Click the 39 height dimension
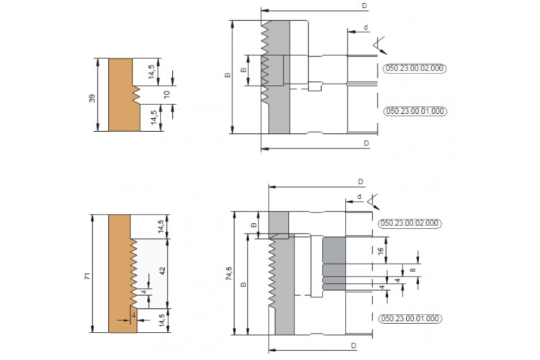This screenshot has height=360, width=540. pos(92,98)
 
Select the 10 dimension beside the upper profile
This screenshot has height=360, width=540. pos(167,94)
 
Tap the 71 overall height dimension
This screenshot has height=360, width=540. pos(87,276)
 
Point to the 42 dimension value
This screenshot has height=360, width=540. pos(163,271)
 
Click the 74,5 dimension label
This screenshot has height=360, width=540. pos(229,274)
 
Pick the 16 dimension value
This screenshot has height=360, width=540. pos(381,251)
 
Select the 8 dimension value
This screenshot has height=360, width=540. pos(413,270)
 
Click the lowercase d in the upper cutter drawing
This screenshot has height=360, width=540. pos(366,27)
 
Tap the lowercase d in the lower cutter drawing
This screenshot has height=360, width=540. pos(359,197)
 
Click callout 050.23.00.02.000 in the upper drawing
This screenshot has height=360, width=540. pos(415,68)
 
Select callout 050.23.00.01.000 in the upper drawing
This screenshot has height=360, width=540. pos(415,112)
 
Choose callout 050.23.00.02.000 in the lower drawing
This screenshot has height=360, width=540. pos(410,223)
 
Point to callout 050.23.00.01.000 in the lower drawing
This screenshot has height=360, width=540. pos(410,318)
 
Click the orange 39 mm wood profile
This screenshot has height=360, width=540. pos(120,95)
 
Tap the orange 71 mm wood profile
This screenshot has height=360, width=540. pos(120,274)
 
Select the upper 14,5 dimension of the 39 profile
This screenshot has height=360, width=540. pos(153,72)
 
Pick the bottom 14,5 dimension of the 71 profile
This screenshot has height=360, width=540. pos(162,321)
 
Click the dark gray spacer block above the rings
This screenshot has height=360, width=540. pos(334,251)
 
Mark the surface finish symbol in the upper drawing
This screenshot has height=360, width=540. pos(379,45)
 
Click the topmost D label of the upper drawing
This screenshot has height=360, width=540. pos(364,6)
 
